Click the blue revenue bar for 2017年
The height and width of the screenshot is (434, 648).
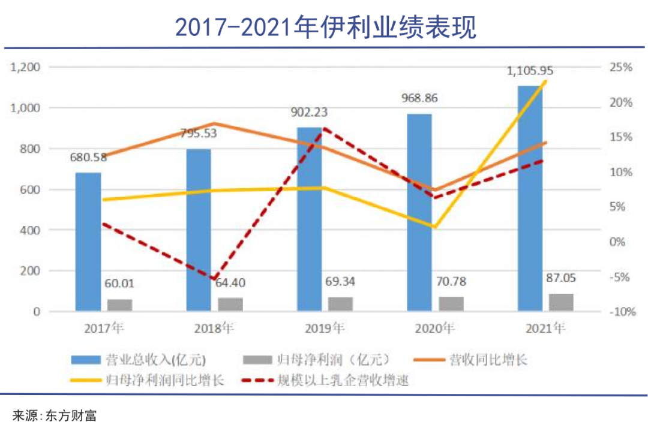(x=88, y=242)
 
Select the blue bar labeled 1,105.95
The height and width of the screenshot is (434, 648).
(x=530, y=198)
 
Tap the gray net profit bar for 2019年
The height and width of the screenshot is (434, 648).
(x=341, y=304)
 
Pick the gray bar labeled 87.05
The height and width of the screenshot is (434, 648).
(x=562, y=302)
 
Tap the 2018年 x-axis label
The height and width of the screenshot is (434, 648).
(x=214, y=328)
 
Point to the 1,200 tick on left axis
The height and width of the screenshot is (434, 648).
(x=25, y=67)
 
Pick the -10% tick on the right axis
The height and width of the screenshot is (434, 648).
(x=620, y=312)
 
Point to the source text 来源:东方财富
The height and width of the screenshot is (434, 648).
(x=55, y=415)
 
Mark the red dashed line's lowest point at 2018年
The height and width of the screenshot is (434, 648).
(x=214, y=279)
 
